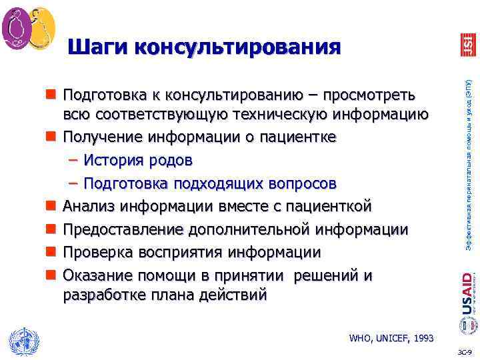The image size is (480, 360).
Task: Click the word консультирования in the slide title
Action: tap(237, 47)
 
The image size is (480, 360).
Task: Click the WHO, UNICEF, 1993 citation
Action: tap(391, 338)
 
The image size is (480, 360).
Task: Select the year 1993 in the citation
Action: tap(423, 338)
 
